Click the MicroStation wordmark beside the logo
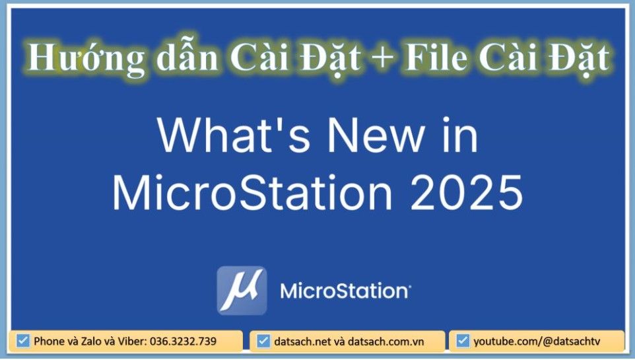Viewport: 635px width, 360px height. pos(345,291)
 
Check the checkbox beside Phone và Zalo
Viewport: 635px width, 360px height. pos(24,341)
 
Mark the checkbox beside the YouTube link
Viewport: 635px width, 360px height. pos(463,341)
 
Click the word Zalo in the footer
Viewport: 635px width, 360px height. pos(87,342)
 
